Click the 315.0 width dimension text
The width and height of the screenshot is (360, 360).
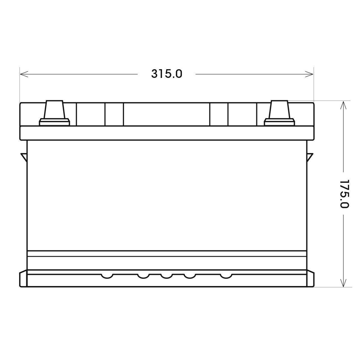click(167, 74)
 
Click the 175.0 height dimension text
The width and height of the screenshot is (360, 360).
click(344, 194)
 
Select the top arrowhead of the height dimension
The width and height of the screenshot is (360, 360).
click(343, 105)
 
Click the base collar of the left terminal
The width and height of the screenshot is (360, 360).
click(54, 122)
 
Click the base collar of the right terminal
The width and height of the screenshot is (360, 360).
click(280, 122)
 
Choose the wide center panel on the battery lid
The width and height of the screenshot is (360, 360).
click(166, 114)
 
